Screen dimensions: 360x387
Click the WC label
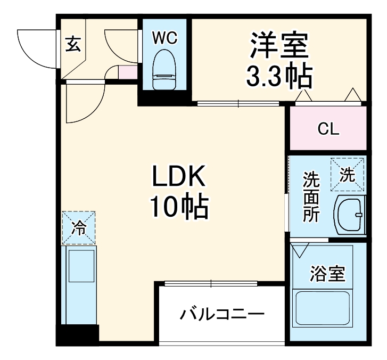click(x=164, y=38)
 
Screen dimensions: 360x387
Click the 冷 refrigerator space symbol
click(x=79, y=228)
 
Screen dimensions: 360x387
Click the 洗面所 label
click(x=310, y=197)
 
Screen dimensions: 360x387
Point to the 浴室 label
click(x=328, y=274)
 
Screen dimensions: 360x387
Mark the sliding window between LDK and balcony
click(x=211, y=283)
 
